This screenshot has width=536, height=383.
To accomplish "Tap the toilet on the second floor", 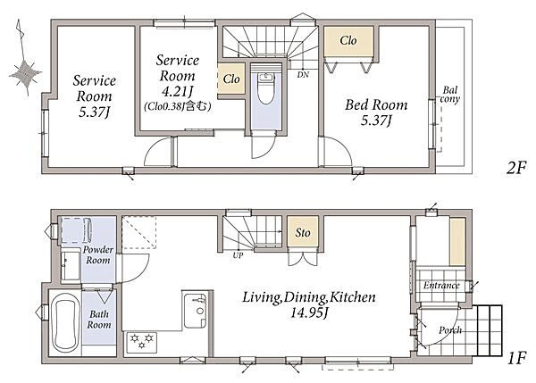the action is click(266, 88).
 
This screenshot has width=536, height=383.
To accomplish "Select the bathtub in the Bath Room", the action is click(65, 323).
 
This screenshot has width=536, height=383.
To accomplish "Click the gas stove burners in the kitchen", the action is click(142, 342).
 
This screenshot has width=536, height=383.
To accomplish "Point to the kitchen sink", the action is click(195, 311).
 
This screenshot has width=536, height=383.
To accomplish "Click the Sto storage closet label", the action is click(303, 233).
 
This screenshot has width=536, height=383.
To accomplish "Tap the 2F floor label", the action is click(516, 168).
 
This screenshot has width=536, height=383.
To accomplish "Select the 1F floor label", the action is click(516, 358).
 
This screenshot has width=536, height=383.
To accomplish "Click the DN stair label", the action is click(303, 74).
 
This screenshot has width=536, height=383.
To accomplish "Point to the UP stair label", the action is click(238, 255).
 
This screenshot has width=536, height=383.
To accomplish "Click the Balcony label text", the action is click(450, 95).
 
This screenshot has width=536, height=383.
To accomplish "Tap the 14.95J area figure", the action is click(309, 313).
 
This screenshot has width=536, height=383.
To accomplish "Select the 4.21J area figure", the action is click(178, 91).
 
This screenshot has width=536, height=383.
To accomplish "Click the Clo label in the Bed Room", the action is click(348, 41).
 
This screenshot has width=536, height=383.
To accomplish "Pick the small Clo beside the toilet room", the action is click(231, 79).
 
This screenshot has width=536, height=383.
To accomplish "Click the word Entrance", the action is click(441, 286).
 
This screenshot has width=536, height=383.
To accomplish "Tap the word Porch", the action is click(450, 330).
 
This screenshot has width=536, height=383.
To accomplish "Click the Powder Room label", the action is click(98, 254).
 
